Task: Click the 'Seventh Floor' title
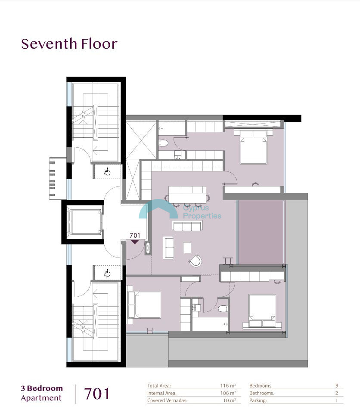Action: tap(69, 44)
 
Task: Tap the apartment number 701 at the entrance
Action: tap(135, 236)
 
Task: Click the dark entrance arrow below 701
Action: tap(135, 242)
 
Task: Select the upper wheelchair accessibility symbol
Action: tap(107, 171)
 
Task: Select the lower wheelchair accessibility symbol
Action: tap(107, 273)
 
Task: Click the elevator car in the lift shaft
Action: tap(85, 222)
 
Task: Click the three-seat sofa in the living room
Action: tap(187, 226)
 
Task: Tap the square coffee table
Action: tap(187, 248)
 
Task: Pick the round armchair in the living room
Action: tap(196, 261)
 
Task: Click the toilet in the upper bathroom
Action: tap(163, 143)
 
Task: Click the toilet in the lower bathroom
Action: tap(223, 309)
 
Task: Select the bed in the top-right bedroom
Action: tap(253, 147)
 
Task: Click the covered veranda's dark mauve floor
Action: tap(261, 232)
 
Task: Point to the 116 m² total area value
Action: tap(228, 385)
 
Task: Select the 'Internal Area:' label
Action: tap(161, 393)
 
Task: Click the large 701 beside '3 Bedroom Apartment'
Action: tap(97, 394)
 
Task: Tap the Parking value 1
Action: tap(336, 400)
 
